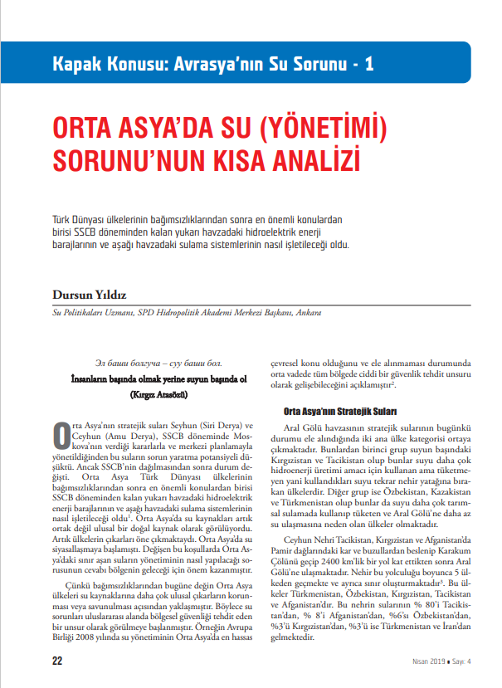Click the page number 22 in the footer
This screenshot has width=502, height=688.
click(57, 661)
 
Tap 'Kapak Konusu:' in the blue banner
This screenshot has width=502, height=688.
click(103, 63)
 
